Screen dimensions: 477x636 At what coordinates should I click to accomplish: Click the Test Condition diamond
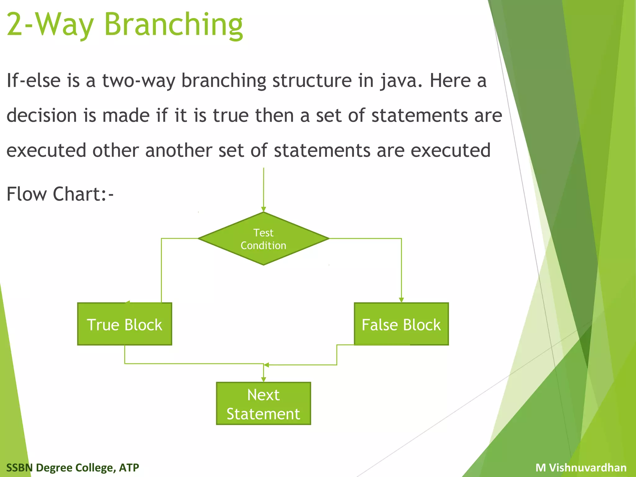(263, 238)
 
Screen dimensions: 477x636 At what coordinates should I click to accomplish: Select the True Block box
(125, 324)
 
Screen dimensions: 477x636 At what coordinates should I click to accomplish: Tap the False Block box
(401, 324)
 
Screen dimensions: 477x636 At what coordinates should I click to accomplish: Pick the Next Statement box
(263, 403)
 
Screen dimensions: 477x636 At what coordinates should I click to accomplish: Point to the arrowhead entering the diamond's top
(263, 209)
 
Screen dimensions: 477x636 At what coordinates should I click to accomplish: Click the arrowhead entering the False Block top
(401, 300)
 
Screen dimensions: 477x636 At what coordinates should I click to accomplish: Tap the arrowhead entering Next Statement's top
(263, 379)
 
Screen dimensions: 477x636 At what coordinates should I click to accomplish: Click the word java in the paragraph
(401, 81)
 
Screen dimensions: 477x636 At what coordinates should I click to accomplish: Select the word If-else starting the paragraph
(33, 81)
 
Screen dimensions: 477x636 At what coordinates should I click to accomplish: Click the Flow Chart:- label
(60, 194)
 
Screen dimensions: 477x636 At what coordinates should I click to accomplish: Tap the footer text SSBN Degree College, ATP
(73, 467)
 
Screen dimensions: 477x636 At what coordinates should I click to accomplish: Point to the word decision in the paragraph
(42, 116)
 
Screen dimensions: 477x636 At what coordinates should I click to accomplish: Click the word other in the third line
(116, 151)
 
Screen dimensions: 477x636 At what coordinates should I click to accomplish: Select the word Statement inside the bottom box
(263, 414)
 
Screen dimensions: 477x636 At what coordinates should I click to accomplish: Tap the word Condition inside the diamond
(263, 246)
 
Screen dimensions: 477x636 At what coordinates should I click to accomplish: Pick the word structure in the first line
(312, 81)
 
